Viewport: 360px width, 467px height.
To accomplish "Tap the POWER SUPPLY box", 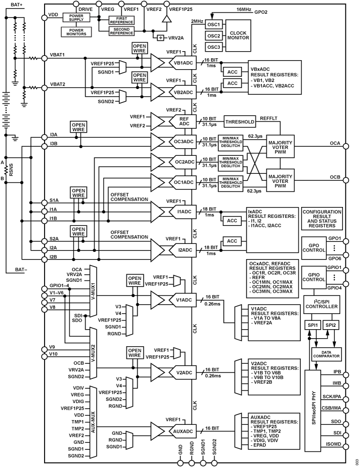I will pos(76,17).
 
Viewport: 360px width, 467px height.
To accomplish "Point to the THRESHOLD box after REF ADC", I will pos(240,121).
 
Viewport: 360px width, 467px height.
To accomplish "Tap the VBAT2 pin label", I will pos(58,85).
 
